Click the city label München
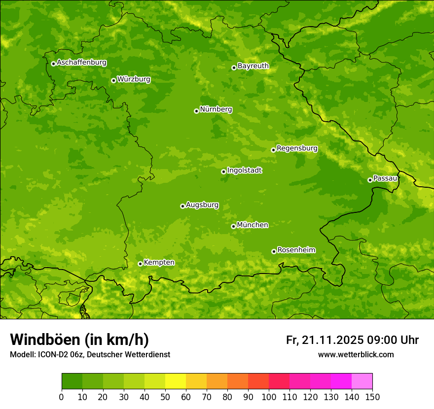click(253, 225)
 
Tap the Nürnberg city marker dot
click(196, 111)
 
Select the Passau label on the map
click(385, 178)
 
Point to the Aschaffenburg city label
click(81, 63)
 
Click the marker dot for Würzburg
click(113, 80)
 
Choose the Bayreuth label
click(253, 66)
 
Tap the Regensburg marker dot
click(273, 150)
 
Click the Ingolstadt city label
click(244, 170)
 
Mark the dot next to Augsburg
click(182, 206)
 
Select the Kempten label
click(159, 263)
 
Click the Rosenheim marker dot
click(274, 251)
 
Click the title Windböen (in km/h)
click(79, 340)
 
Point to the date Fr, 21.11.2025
click(325, 340)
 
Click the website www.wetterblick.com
click(356, 354)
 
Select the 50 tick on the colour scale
click(165, 396)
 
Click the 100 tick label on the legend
click(269, 396)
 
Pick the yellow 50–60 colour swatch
click(176, 381)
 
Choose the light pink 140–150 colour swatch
click(362, 381)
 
